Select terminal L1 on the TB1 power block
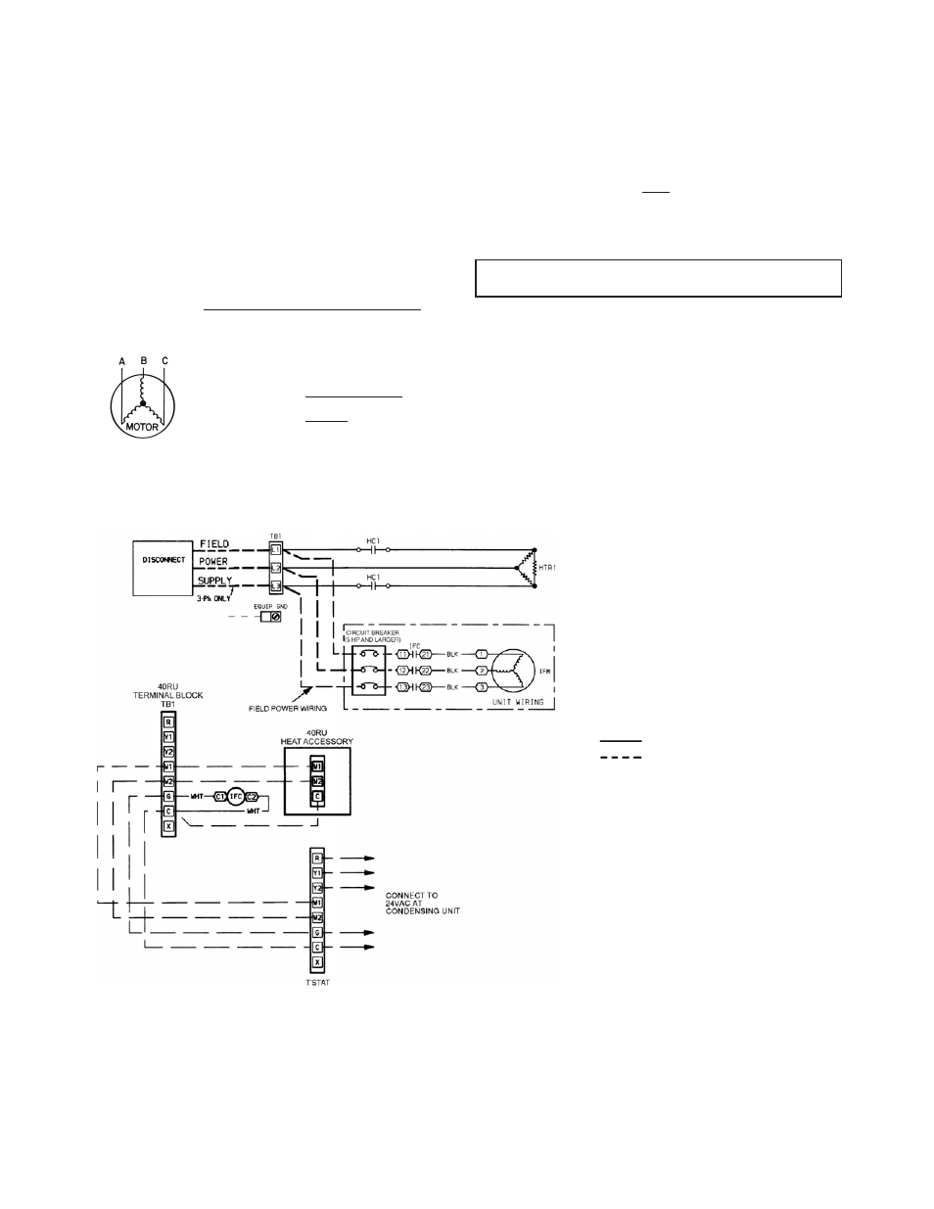[276, 550]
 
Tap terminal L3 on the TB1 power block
[276, 585]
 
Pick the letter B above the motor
[143, 361]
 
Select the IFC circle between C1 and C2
[235, 797]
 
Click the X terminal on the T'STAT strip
[317, 963]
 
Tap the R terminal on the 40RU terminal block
[168, 722]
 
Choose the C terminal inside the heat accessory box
[317, 797]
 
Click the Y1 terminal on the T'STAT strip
[317, 872]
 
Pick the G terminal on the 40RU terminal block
[168, 796]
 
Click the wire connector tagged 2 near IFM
[481, 670]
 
